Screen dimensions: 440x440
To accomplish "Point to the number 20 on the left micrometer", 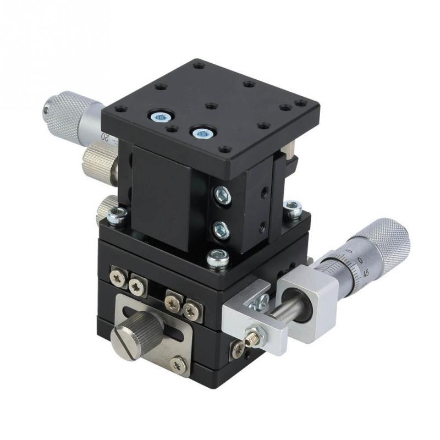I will click(x=105, y=136).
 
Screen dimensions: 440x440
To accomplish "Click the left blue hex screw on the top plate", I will click(x=160, y=116).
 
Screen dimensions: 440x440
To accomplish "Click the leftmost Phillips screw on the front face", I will click(x=117, y=277).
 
